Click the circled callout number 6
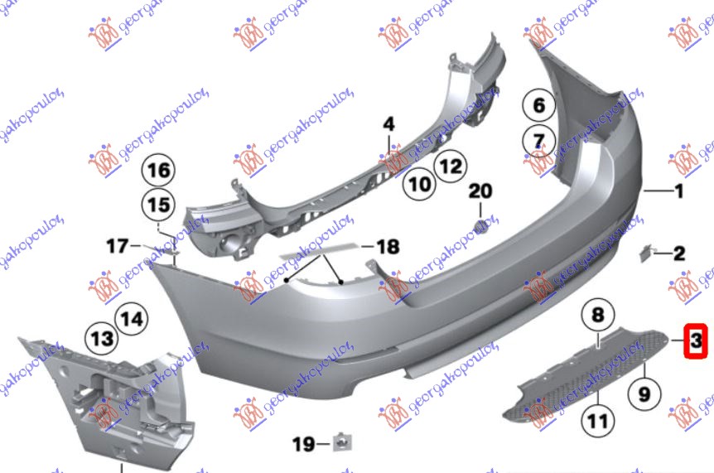click(x=538, y=105)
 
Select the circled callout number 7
click(x=538, y=140)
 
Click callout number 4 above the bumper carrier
click(x=389, y=125)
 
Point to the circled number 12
click(x=448, y=167)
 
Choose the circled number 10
click(x=420, y=183)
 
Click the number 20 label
click(x=480, y=192)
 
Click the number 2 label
click(x=678, y=253)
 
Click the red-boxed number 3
click(x=696, y=340)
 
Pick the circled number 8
click(x=598, y=315)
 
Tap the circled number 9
click(x=643, y=393)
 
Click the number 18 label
click(x=387, y=246)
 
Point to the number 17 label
click(x=117, y=245)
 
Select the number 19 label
click(x=303, y=445)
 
